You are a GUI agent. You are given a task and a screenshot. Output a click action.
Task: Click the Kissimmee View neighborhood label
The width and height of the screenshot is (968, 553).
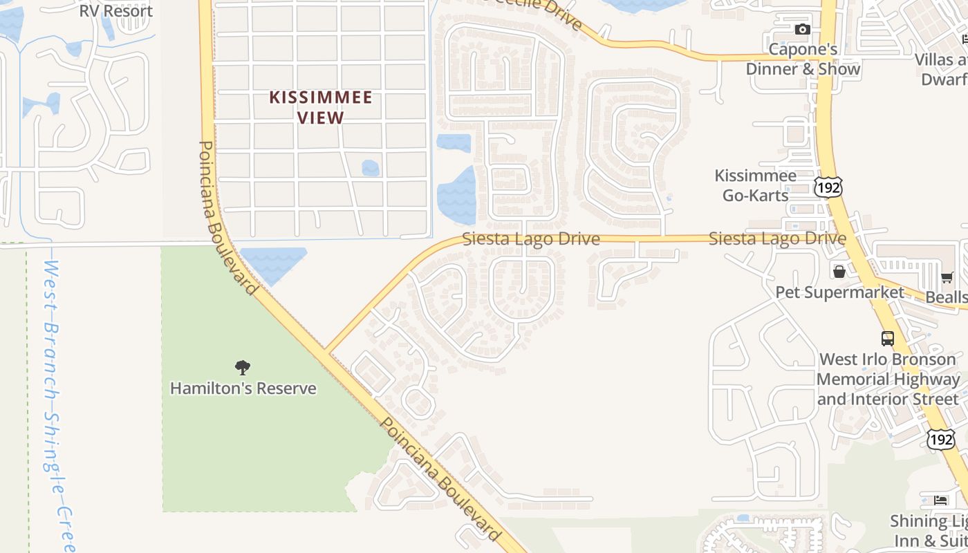[321, 107]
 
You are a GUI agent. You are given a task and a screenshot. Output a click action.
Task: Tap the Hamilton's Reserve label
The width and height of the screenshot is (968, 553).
[243, 388]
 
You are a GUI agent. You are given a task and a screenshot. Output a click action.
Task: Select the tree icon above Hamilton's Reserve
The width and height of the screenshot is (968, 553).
[242, 367]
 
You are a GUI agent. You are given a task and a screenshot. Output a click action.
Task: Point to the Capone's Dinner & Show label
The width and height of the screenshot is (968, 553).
[803, 59]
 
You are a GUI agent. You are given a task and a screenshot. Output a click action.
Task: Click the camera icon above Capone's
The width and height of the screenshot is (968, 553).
[802, 29]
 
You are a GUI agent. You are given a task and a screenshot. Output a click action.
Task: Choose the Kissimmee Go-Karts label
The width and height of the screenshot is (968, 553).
[756, 185]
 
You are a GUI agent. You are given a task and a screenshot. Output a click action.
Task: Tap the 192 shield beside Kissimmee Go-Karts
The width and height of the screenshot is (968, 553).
[828, 187]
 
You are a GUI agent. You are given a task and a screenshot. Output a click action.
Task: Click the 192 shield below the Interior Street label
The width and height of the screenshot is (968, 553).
[941, 438]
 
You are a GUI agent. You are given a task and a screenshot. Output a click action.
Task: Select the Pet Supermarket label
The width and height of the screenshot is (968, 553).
[839, 292]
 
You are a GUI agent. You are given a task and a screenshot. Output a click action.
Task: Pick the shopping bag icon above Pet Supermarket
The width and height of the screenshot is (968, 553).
[839, 272]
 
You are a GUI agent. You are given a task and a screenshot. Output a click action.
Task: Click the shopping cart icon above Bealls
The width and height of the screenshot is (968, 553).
[947, 278]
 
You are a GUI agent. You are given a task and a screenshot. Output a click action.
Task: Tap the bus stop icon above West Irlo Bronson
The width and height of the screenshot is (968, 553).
[888, 339]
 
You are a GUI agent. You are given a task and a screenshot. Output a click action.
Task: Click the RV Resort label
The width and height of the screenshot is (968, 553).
[115, 11]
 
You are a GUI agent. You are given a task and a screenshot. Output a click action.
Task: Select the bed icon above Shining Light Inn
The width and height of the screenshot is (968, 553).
[940, 500]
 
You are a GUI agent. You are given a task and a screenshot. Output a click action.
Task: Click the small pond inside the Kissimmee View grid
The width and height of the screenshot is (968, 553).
[371, 168]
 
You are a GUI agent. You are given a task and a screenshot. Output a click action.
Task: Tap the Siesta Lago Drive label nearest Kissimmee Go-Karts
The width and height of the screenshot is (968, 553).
[777, 238]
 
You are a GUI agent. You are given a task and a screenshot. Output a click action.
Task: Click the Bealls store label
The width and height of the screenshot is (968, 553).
[947, 297]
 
